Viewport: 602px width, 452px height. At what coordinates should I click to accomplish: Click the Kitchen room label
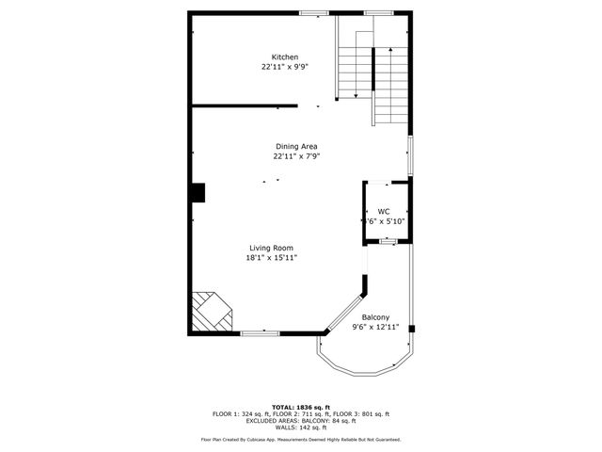(285, 57)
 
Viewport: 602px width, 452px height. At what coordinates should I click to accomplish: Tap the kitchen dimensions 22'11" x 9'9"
(285, 68)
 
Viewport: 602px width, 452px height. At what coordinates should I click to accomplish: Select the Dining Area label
(296, 146)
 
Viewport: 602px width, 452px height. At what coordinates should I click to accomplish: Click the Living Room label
(271, 248)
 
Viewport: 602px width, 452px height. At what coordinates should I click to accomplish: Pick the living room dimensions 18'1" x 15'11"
(271, 258)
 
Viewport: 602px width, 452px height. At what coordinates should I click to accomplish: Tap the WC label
(384, 211)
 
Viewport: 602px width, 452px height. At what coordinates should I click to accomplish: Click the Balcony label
(375, 317)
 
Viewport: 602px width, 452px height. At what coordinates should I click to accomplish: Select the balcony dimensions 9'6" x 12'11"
(375, 328)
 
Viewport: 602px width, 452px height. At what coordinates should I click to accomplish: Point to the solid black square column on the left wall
(198, 192)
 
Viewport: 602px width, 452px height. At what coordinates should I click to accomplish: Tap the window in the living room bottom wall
(259, 332)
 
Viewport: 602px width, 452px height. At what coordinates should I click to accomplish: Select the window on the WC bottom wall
(386, 242)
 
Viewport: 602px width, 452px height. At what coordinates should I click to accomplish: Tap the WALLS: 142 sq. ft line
(300, 428)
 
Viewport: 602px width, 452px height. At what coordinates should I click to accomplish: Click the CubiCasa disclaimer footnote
(300, 440)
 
